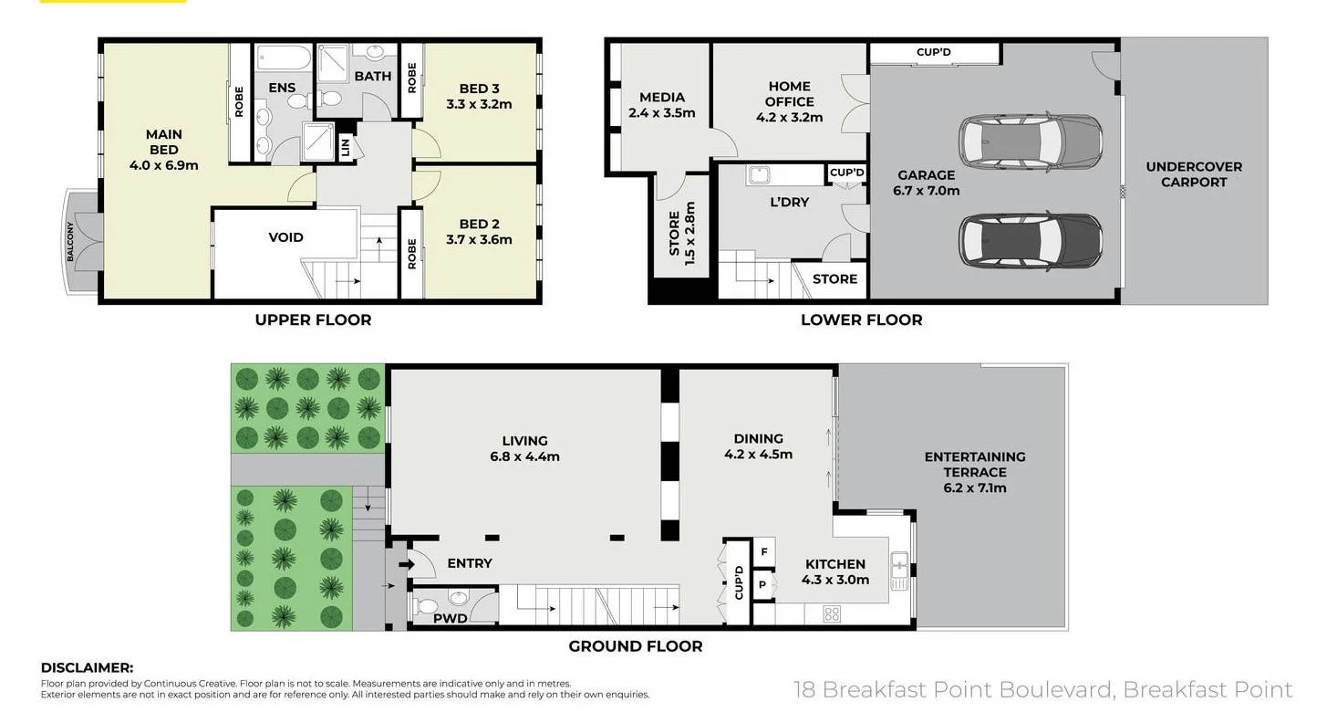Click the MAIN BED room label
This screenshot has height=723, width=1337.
click(x=163, y=142)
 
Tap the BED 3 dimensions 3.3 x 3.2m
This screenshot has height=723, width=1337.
click(x=479, y=104)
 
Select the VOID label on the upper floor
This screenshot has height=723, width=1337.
click(x=285, y=237)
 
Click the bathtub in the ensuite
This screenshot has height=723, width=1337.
click(x=284, y=58)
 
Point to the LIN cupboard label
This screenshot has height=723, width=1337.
click(x=345, y=147)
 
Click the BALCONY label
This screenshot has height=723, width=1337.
click(x=70, y=241)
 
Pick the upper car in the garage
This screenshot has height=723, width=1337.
click(x=1031, y=142)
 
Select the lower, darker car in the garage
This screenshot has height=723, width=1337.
click(x=1031, y=241)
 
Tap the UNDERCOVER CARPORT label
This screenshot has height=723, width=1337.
click(x=1194, y=174)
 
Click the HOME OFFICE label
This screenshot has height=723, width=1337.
click(x=789, y=94)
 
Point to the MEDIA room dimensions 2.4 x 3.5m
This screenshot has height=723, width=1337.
click(x=661, y=112)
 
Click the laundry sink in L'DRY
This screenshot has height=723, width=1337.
click(x=759, y=175)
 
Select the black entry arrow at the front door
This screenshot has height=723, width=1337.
click(x=407, y=564)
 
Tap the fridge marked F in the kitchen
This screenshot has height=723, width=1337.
click(x=764, y=552)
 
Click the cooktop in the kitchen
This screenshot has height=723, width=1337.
click(x=832, y=613)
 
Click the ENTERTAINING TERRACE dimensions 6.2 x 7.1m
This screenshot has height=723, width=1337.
click(x=975, y=487)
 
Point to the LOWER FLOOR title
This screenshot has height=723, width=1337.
click(x=861, y=320)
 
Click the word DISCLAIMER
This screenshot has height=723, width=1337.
click(x=88, y=667)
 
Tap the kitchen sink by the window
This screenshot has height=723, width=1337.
click(x=899, y=571)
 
